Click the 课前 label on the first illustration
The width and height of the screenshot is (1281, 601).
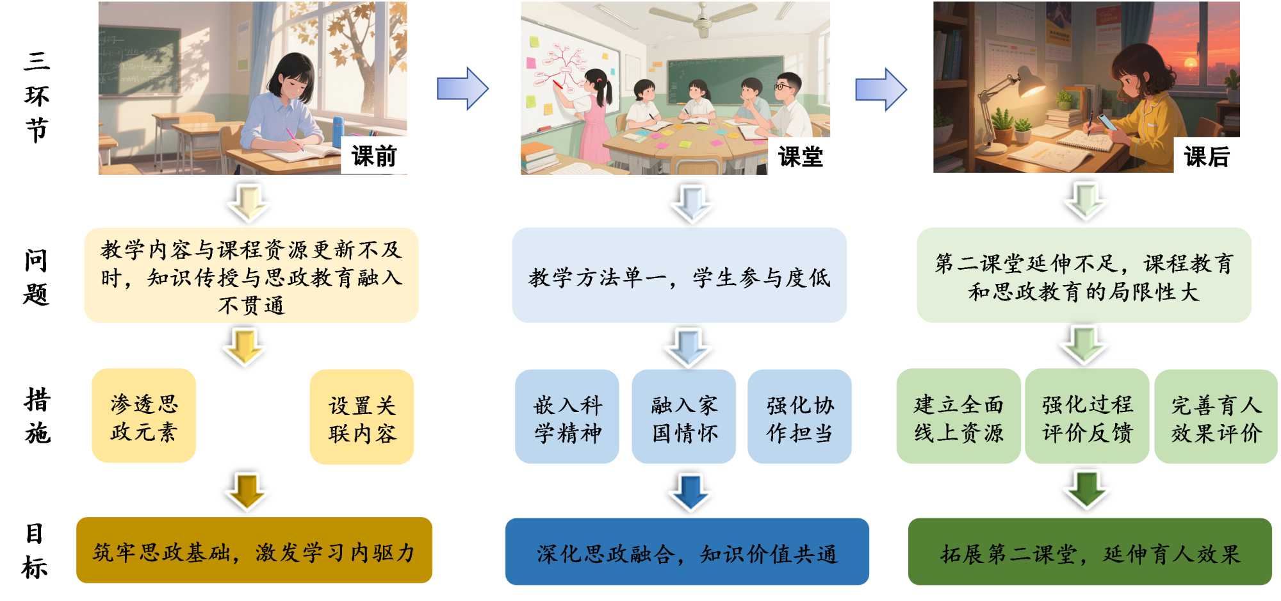click(374, 156)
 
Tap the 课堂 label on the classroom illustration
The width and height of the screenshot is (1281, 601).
click(800, 156)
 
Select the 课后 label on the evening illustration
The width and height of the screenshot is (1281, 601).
click(1207, 156)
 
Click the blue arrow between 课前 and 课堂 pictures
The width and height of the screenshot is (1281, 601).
click(462, 88)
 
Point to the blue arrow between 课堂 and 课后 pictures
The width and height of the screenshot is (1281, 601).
click(881, 89)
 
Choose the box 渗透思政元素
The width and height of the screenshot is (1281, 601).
click(143, 416)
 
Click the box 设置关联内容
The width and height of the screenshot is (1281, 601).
click(362, 417)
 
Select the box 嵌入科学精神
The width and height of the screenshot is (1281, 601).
click(567, 417)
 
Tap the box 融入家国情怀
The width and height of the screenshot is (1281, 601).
click(683, 417)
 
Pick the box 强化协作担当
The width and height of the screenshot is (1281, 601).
click(799, 417)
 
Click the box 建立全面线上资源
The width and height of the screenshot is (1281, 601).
click(958, 417)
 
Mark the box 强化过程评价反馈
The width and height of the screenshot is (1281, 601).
click(1087, 417)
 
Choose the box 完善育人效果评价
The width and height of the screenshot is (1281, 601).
click(1216, 417)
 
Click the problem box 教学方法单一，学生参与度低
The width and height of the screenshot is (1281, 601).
click(679, 276)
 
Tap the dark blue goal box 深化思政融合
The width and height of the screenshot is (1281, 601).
click(687, 552)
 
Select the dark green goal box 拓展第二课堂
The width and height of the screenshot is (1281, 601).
click(1089, 552)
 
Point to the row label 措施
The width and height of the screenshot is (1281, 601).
click(37, 416)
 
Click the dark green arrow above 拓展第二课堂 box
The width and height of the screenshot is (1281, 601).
click(1087, 488)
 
